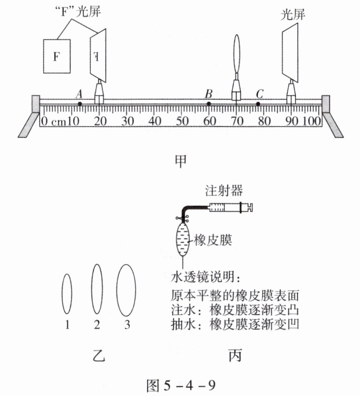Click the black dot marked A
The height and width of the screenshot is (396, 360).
[80, 104]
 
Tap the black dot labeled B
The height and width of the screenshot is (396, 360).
[209, 104]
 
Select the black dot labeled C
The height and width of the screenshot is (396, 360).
[258, 104]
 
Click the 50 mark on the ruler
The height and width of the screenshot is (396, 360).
[182, 121]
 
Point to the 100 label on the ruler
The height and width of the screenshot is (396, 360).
[312, 121]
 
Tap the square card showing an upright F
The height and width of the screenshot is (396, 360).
[57, 56]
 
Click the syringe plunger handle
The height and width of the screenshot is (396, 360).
[247, 208]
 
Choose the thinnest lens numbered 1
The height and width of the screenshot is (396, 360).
[67, 294]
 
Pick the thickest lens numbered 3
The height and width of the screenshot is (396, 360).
[126, 290]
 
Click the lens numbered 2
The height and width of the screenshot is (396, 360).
[97, 289]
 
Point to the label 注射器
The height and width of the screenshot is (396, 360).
[224, 191]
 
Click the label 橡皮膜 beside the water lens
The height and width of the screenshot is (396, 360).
[213, 240]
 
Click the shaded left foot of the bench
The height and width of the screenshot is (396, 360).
[29, 125]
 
